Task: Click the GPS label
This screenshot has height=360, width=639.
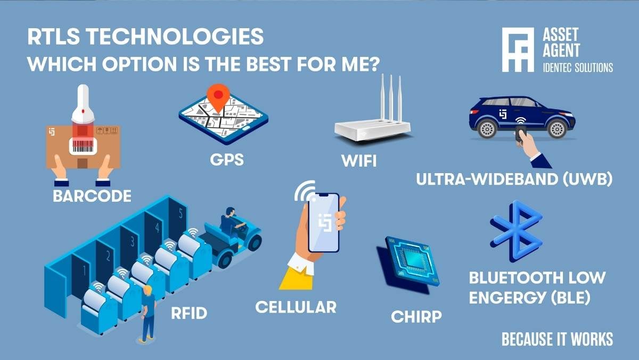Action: [x=227, y=159]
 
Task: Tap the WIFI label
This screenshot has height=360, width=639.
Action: [x=359, y=161]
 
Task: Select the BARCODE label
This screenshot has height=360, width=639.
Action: [x=92, y=196]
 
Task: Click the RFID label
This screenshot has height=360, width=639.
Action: [x=189, y=313]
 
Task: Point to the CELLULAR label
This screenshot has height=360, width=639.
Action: [x=296, y=307]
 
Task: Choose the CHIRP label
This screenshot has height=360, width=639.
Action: [x=416, y=317]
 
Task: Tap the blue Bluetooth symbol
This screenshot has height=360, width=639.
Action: [x=517, y=231]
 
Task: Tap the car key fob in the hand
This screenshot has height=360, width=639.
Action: [x=521, y=134]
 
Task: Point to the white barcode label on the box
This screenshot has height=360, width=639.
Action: [x=83, y=146]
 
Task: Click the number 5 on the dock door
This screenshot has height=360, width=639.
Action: [x=181, y=214]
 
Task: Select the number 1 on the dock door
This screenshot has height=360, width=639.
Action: [x=85, y=271]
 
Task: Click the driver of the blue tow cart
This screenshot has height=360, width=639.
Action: [x=231, y=222]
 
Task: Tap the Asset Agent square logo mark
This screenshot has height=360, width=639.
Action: [x=518, y=50]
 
